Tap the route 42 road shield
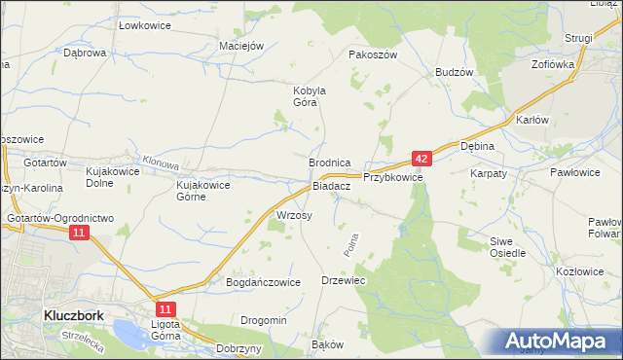[421, 158]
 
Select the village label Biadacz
[331, 186]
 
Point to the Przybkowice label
[392, 178]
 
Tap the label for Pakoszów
[373, 55]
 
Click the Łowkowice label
[144, 24]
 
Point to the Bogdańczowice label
[262, 282]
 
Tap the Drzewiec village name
[343, 280]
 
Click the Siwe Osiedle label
[507, 246]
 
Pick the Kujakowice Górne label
[202, 190]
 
